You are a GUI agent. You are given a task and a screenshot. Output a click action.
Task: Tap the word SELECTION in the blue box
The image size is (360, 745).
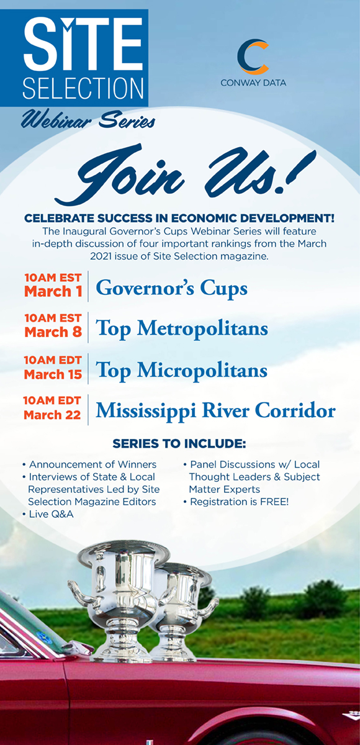[83, 88]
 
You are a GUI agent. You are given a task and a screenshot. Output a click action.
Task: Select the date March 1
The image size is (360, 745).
[53, 291]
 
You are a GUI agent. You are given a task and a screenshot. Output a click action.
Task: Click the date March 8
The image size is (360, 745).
[53, 332]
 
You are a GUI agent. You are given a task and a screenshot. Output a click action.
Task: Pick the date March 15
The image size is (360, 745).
[53, 374]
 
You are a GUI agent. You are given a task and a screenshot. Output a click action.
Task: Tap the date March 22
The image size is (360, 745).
[52, 415]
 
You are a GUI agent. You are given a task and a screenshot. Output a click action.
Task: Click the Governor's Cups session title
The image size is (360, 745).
[171, 288]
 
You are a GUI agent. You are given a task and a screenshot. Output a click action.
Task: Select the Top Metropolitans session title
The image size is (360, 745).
[182, 329]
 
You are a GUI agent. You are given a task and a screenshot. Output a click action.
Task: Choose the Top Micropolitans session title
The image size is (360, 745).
[181, 371]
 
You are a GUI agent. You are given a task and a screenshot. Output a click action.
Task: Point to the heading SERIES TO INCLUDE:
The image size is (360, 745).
[179, 443]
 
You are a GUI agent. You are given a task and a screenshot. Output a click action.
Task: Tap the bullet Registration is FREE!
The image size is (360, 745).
[236, 502]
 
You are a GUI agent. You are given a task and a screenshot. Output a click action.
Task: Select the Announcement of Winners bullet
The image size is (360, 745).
[89, 464]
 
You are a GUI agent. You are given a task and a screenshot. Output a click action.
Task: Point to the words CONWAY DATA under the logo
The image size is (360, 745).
[253, 83]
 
